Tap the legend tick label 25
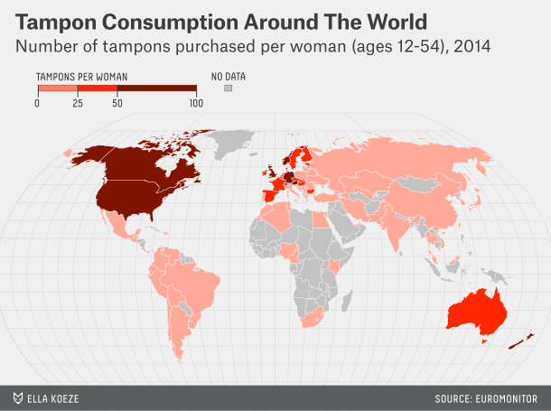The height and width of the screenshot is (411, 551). [x=78, y=104]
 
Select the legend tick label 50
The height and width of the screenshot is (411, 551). [x=117, y=104]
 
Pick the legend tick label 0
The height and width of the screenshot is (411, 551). [x=37, y=104]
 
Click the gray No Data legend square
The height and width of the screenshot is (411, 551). [x=229, y=89]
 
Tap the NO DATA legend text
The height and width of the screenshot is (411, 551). [x=228, y=77]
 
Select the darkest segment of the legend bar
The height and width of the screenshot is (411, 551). [x=157, y=89]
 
